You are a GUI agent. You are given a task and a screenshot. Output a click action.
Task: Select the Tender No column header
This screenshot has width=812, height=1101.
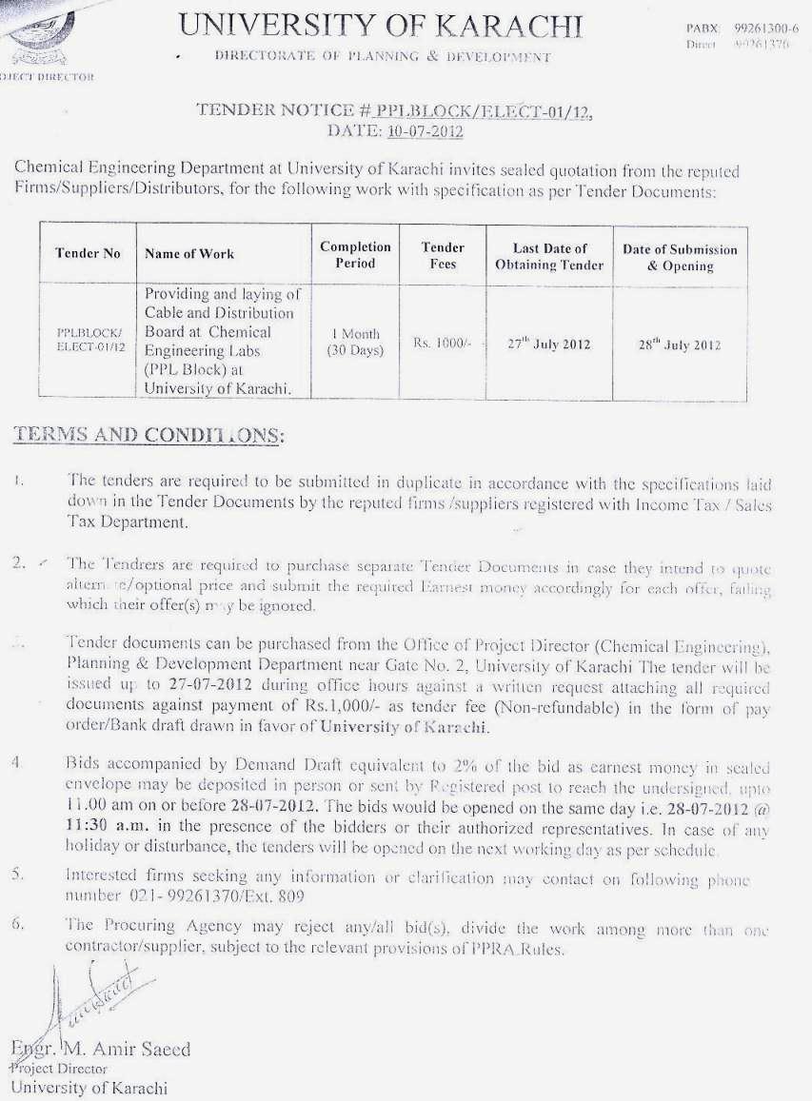coord(88,254)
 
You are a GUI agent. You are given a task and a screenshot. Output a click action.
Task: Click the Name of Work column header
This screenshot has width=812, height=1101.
coord(189,254)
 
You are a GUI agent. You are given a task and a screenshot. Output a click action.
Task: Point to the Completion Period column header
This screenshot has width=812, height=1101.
coord(355,255)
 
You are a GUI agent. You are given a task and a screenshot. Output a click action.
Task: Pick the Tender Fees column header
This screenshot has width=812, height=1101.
coord(443,255)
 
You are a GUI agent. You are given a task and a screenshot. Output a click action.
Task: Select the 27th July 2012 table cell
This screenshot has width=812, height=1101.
coord(548,344)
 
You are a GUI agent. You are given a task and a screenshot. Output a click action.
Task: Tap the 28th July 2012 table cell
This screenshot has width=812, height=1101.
coord(679,345)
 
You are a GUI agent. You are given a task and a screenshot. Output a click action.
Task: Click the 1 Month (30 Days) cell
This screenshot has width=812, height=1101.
coord(355,343)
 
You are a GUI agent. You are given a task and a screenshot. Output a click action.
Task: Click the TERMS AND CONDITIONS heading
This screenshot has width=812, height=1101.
coord(148,435)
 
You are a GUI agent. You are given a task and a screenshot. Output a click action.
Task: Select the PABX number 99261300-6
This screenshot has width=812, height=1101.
coord(765,29)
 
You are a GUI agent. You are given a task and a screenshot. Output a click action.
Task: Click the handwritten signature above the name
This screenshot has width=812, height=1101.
coord(90,994)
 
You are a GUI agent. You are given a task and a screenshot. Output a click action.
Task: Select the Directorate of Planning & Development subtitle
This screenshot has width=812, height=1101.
coord(383,57)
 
